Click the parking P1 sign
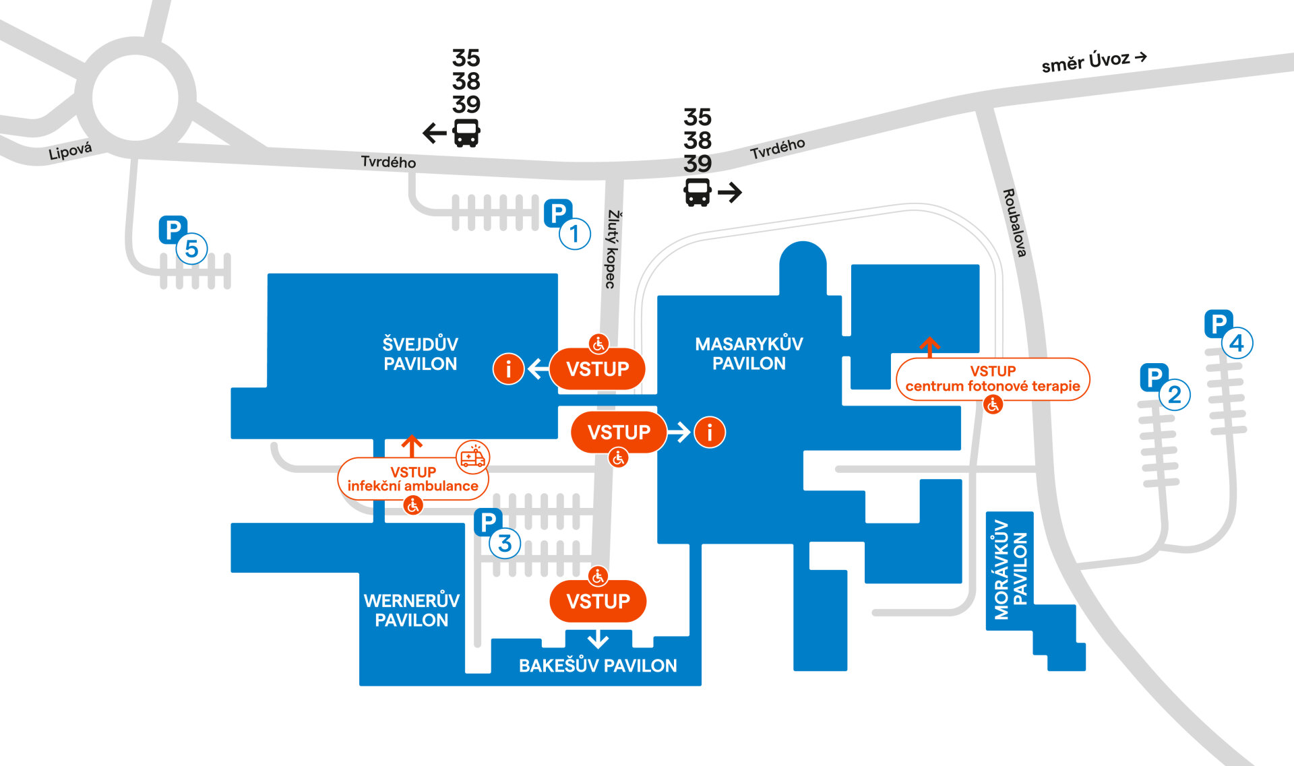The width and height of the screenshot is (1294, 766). (x=558, y=214)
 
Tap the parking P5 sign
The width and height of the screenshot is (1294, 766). (x=173, y=230)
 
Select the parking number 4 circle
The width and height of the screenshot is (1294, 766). (x=1236, y=344)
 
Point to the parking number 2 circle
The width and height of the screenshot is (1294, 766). (x=1174, y=395)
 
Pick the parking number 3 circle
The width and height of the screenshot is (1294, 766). (x=505, y=544)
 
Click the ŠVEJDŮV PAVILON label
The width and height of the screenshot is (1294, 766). (x=420, y=354)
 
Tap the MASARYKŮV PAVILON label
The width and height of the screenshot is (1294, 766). (x=749, y=354)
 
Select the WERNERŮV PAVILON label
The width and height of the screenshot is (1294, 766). (x=411, y=610)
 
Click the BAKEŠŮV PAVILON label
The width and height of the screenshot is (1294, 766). (x=598, y=666)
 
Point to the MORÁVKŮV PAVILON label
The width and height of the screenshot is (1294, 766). (x=1010, y=569)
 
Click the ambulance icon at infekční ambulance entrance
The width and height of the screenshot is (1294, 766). (x=472, y=457)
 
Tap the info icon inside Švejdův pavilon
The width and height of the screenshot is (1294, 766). (x=508, y=369)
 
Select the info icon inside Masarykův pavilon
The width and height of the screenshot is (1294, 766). (x=709, y=432)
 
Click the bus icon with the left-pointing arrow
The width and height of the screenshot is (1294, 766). (x=466, y=133)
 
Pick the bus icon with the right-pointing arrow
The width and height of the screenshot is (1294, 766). (x=698, y=192)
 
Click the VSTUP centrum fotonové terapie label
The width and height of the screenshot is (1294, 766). (x=992, y=379)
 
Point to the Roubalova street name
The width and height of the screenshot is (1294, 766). (x=1014, y=222)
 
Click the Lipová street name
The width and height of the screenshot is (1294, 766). (x=70, y=151)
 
